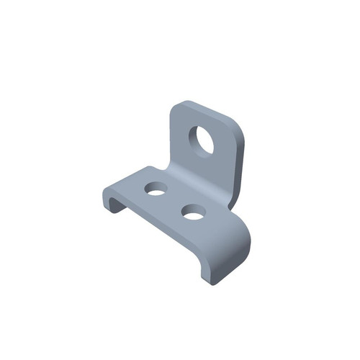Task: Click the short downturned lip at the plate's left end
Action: click(109, 199)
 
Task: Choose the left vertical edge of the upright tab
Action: click(170, 140)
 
